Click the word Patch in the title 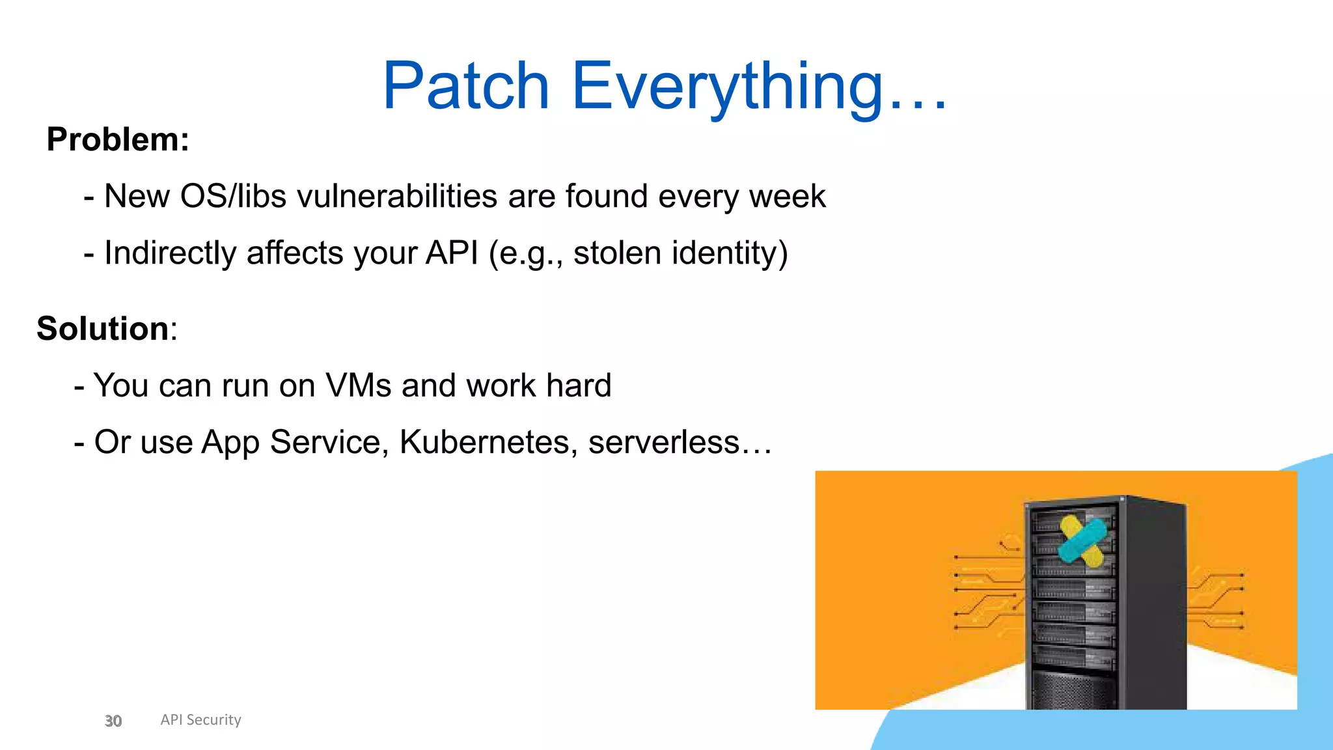(465, 87)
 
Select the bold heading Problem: (118, 139)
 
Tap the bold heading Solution (103, 328)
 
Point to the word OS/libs (232, 196)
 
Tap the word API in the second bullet (452, 253)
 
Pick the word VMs (358, 385)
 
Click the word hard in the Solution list (579, 385)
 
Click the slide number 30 (113, 721)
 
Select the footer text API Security (200, 719)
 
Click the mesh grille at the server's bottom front (1072, 690)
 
